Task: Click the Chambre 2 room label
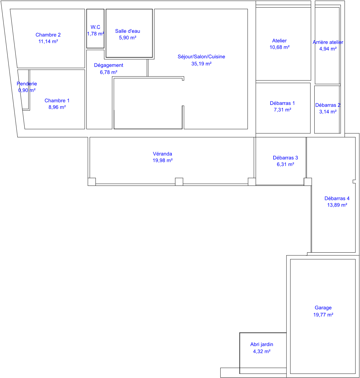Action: (48, 35)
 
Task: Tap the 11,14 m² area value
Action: (48, 41)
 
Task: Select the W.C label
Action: (96, 27)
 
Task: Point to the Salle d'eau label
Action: (128, 31)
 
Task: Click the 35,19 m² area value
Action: (201, 64)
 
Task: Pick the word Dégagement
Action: (108, 66)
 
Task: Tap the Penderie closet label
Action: (27, 84)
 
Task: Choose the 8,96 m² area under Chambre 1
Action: (57, 107)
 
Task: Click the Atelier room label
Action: (279, 41)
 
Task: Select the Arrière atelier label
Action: (328, 42)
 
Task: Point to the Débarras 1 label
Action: (282, 103)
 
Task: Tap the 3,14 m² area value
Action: (328, 112)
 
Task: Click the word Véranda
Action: (162, 154)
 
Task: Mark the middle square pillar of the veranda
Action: (179, 182)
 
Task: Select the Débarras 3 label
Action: (285, 158)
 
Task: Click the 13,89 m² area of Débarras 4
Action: (337, 205)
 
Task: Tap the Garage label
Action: (323, 308)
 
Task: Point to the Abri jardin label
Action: (262, 344)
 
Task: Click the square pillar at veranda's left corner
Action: (92, 182)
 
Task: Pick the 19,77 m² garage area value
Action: (323, 315)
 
